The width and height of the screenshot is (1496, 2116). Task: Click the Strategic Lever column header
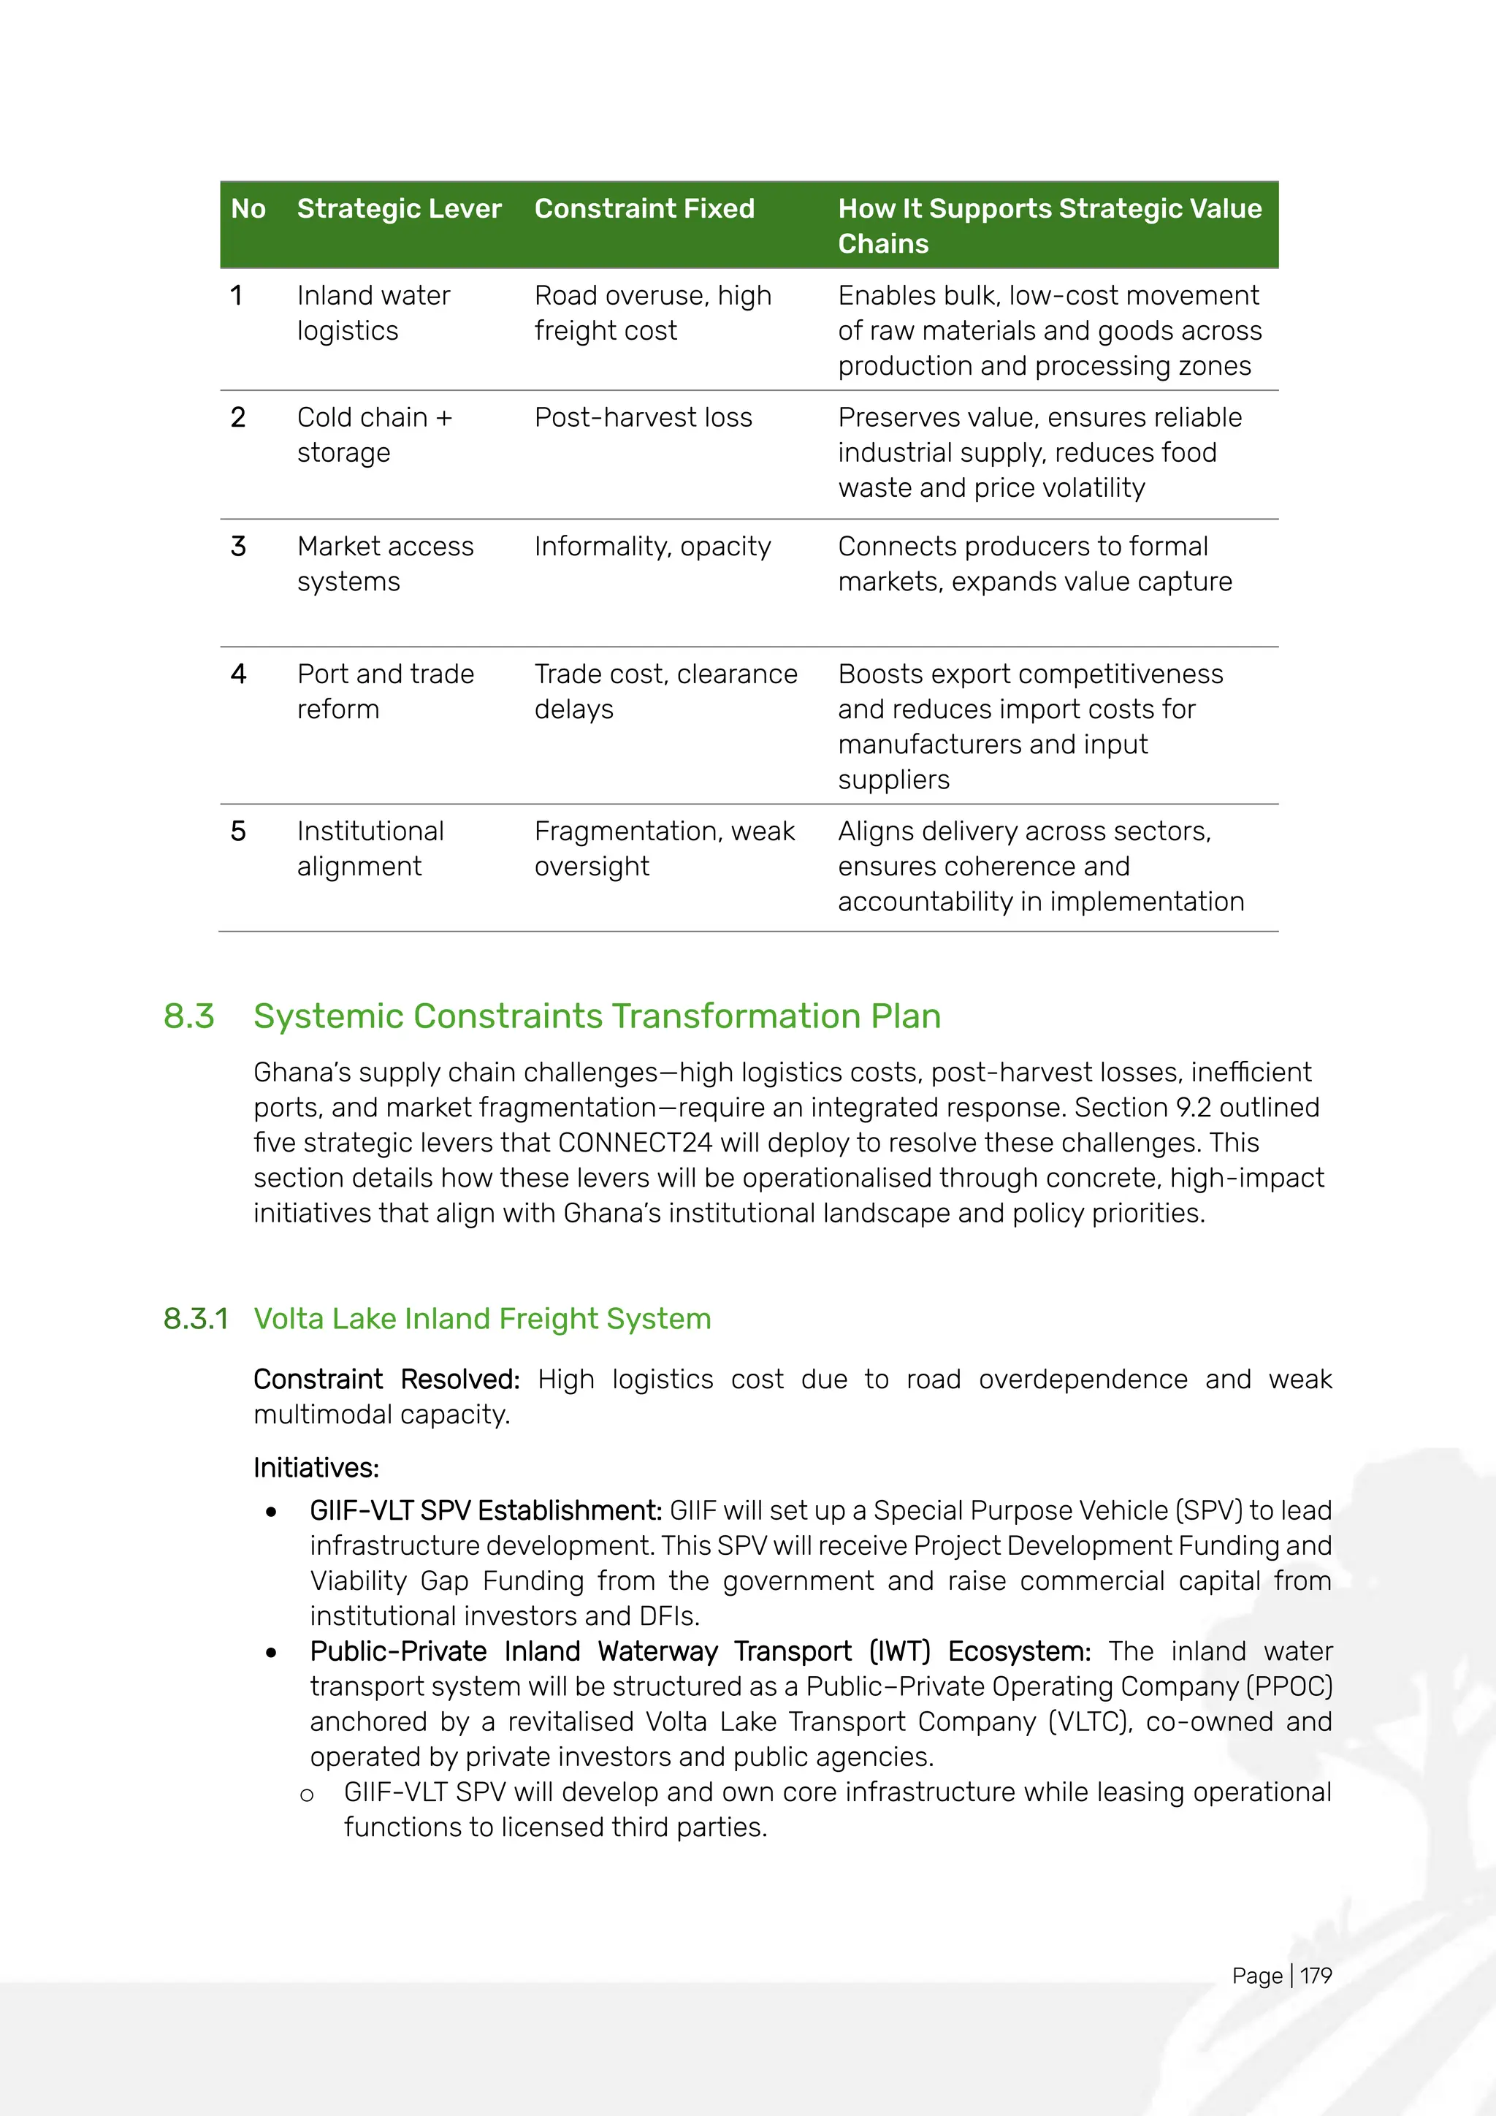[399, 208]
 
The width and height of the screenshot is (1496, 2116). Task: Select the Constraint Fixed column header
[644, 208]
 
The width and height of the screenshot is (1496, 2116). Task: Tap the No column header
[248, 208]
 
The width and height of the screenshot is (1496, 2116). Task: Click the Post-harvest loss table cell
[643, 417]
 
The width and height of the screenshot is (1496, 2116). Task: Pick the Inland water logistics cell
[373, 313]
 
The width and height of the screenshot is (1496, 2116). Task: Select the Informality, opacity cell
[652, 547]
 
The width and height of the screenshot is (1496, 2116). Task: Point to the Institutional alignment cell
[370, 849]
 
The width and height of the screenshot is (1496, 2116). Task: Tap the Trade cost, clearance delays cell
[665, 691]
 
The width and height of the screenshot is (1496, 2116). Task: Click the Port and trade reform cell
[385, 691]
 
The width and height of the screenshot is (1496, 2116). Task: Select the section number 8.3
[189, 1016]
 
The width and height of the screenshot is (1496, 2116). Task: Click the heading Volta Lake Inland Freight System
[482, 1319]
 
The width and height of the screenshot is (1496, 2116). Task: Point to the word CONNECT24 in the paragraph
[635, 1143]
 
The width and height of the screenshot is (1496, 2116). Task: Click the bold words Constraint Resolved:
[386, 1379]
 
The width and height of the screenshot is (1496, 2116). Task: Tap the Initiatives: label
[316, 1468]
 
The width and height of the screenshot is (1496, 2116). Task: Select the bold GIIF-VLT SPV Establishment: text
[486, 1510]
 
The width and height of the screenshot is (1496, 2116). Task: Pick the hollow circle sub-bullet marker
[307, 1795]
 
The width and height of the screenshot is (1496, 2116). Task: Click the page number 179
[1316, 1975]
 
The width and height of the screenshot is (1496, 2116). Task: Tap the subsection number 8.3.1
[195, 1319]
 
